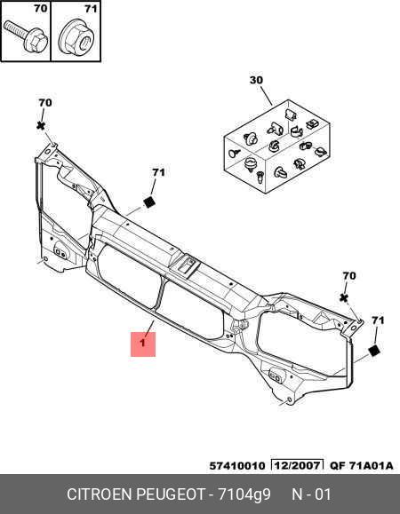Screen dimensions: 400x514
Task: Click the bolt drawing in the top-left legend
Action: coord(26,37)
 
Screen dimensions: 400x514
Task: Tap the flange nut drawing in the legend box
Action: coord(77,37)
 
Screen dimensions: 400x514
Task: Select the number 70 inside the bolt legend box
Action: coord(41,9)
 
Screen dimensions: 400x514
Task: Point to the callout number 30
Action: coord(256,80)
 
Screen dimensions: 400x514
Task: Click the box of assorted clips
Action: coord(276,146)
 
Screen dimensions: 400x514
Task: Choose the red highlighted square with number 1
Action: coord(143,344)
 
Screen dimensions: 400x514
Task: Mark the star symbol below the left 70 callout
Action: coord(41,125)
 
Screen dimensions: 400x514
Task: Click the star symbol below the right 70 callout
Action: coord(344,298)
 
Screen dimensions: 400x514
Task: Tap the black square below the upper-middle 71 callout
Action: coord(149,202)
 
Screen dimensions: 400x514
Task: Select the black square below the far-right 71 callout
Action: coord(374,351)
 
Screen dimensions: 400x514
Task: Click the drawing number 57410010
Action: coord(237,466)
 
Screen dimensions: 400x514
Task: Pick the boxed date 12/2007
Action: coord(297,465)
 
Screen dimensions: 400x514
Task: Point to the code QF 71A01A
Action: coord(361,466)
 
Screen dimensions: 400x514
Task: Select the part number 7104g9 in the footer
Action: coord(244,494)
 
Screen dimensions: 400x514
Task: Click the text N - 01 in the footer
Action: coord(311,494)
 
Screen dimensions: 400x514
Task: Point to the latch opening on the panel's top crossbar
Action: coord(187,265)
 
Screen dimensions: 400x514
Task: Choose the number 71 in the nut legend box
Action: coord(91,9)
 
